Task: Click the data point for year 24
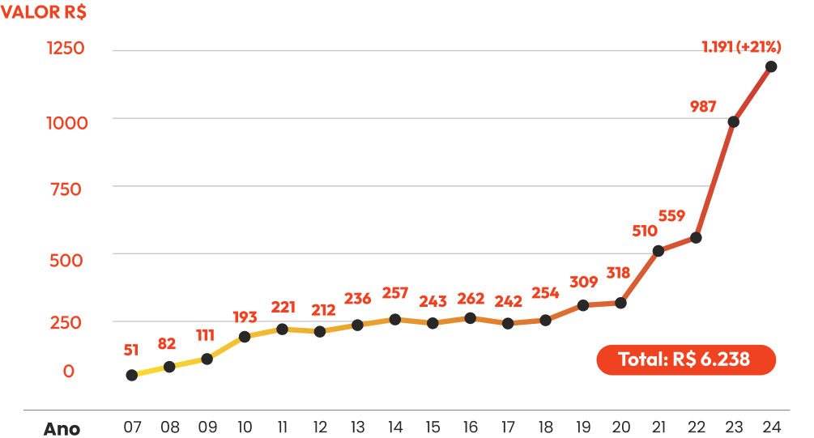[x=771, y=66]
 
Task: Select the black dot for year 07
[x=132, y=375]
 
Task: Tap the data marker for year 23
[x=734, y=122]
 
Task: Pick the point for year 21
[x=658, y=251]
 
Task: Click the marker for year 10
[x=245, y=337]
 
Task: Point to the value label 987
[x=703, y=106]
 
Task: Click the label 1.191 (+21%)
[x=741, y=47]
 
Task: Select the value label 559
[x=671, y=215]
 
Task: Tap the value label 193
[x=245, y=317]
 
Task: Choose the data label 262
[x=471, y=299]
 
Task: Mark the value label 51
[x=131, y=351]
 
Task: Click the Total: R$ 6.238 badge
[x=686, y=359]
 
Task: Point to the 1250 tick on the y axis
[x=66, y=49]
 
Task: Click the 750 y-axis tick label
[x=66, y=189]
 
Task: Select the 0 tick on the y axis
[x=69, y=371]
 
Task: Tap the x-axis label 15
[x=433, y=427]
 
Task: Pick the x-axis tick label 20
[x=621, y=427]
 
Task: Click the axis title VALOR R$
[x=44, y=12]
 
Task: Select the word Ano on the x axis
[x=62, y=429]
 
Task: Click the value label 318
[x=618, y=273]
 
